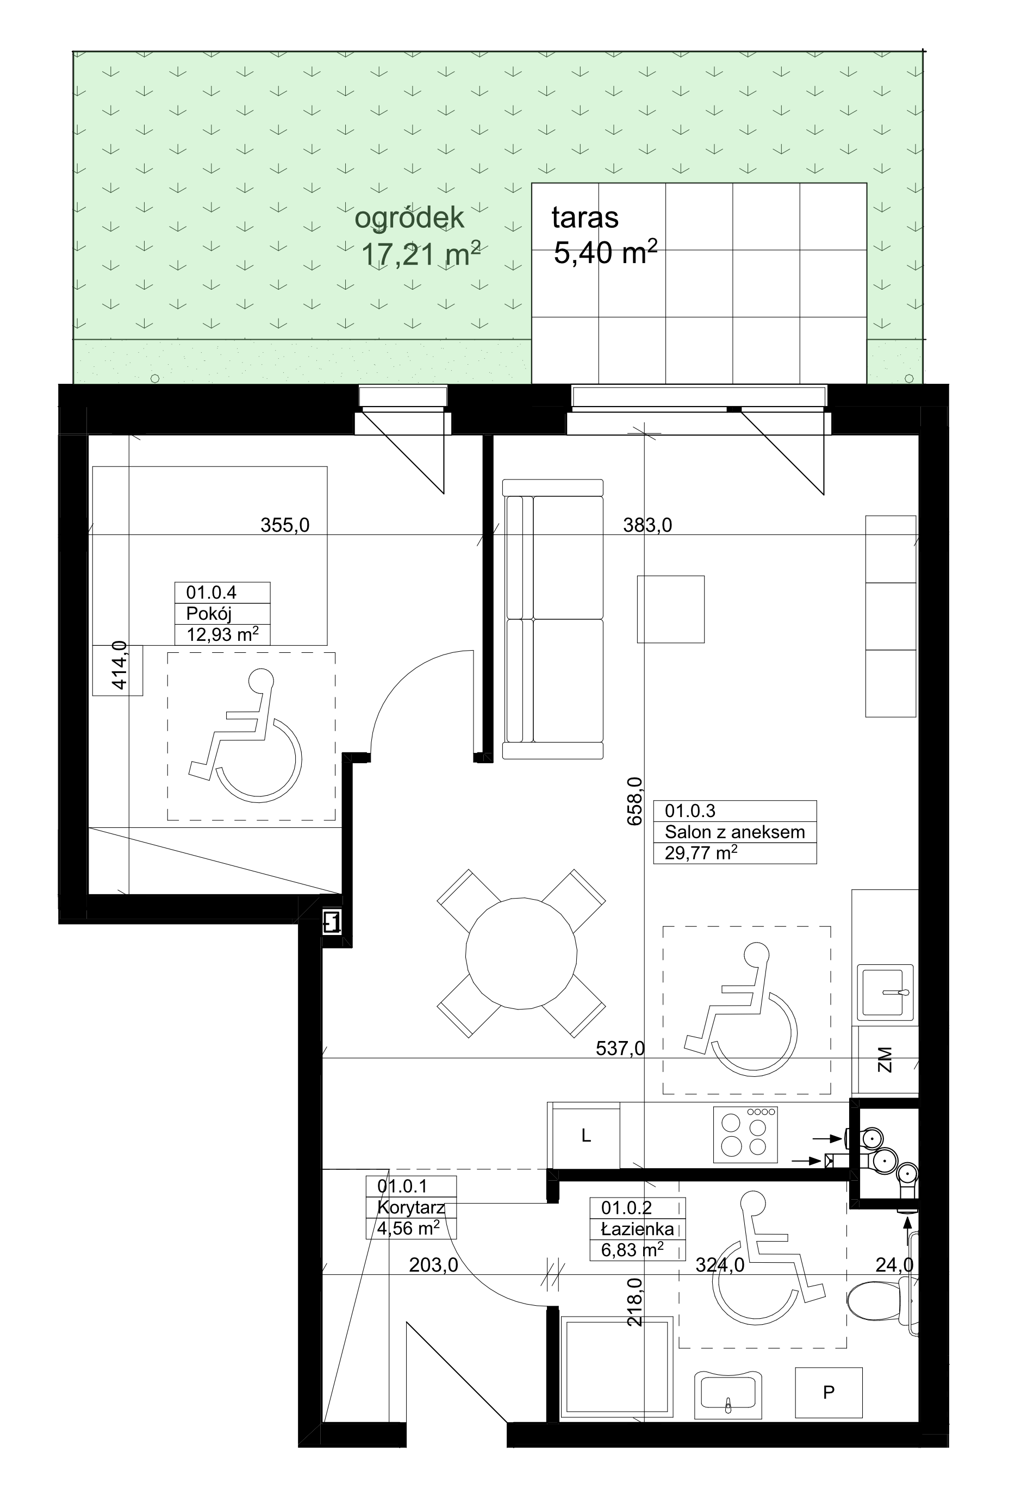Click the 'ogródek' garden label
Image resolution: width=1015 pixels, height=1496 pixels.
(x=409, y=218)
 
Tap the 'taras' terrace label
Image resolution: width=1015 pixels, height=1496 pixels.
(x=585, y=217)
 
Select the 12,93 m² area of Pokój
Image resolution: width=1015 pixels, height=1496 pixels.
(x=222, y=635)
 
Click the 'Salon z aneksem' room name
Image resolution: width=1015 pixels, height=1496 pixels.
(x=734, y=832)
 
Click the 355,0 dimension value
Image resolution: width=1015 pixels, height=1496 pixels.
(x=284, y=525)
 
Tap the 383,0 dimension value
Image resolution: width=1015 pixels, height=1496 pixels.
(x=647, y=525)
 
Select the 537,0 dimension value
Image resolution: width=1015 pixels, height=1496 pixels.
(x=620, y=1049)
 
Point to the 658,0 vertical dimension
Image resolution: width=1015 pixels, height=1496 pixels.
(x=634, y=801)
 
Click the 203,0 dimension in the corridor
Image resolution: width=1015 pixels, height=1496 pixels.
(x=434, y=1266)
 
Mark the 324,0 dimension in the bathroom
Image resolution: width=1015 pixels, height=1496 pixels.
(x=720, y=1266)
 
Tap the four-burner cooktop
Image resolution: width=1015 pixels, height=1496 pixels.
(x=745, y=1135)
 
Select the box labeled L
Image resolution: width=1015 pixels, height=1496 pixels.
(x=585, y=1136)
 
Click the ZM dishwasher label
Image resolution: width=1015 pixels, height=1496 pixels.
(x=885, y=1059)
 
